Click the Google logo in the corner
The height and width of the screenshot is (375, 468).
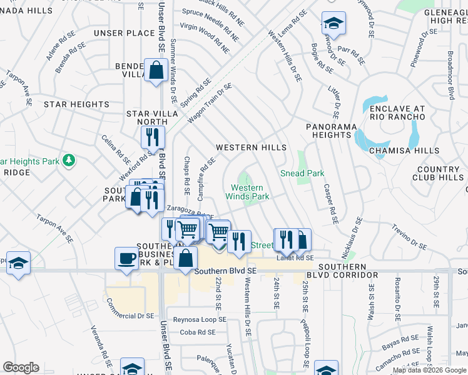tap(21, 367)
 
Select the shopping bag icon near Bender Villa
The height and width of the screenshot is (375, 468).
tap(155, 70)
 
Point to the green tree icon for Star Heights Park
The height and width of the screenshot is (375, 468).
tap(68, 161)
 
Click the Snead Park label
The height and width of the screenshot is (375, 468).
tap(302, 173)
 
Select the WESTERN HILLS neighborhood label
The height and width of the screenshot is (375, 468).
tap(251, 147)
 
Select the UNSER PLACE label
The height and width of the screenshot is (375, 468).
tap(124, 33)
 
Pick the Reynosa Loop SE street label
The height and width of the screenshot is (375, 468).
tap(200, 319)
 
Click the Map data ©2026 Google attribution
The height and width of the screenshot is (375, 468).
tap(429, 370)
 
